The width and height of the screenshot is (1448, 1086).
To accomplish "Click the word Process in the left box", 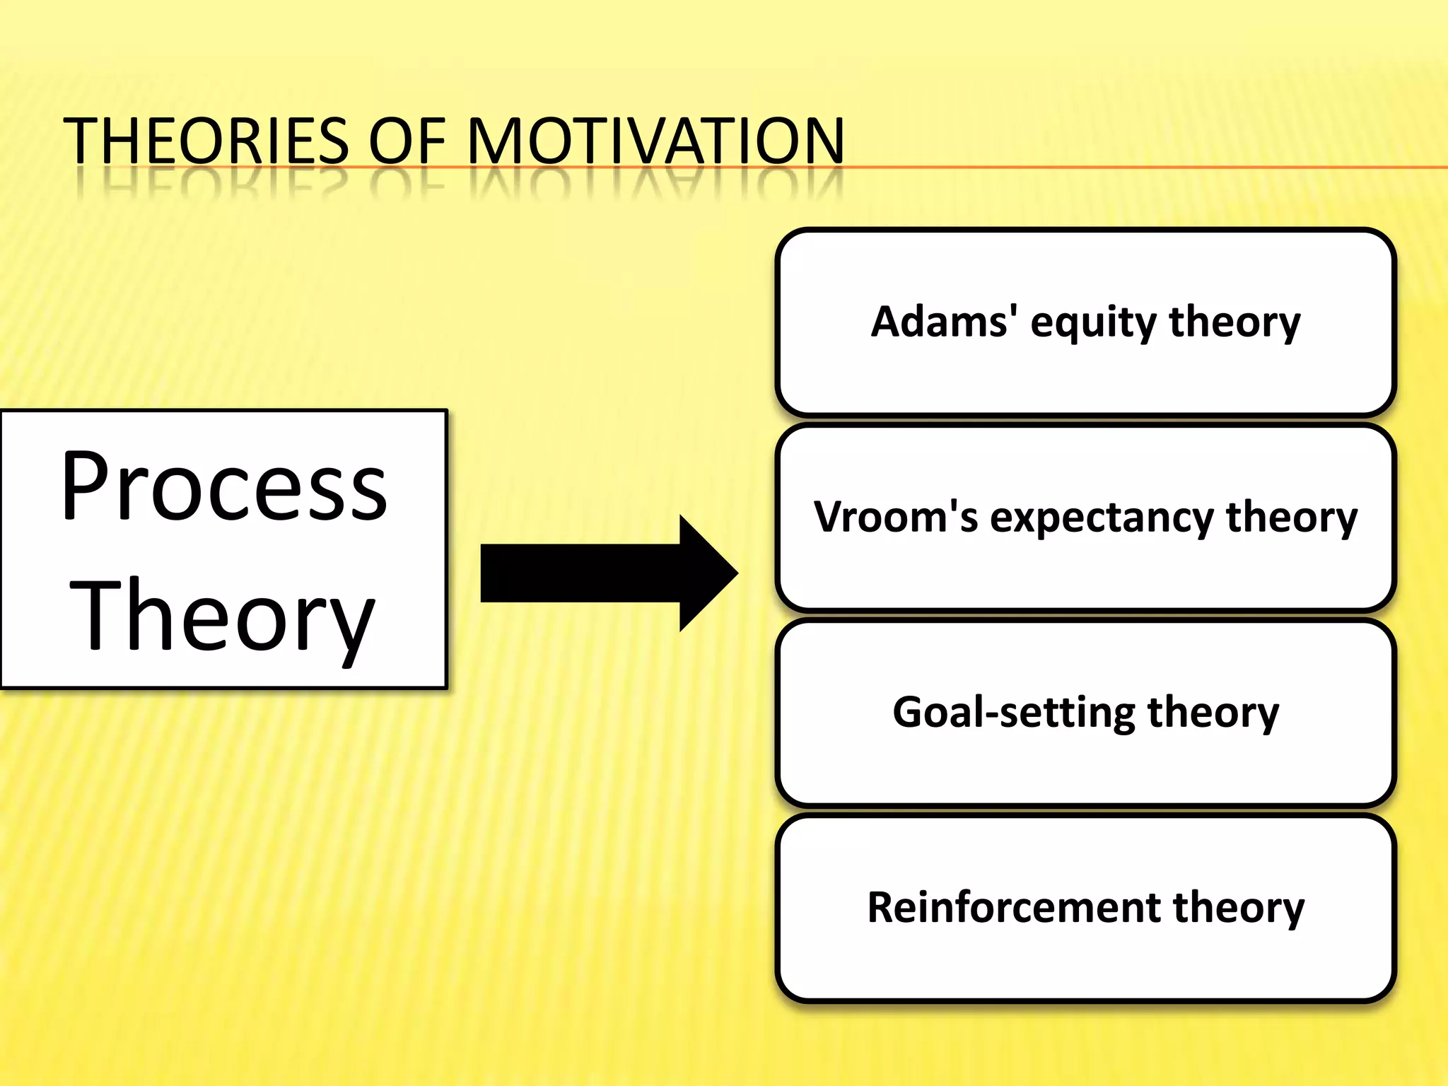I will click(225, 488).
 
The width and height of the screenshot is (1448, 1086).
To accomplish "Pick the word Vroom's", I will click(896, 517).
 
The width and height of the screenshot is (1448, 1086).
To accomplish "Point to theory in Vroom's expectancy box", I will click(1292, 518).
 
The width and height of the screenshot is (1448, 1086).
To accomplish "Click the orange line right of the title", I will click(1145, 168).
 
